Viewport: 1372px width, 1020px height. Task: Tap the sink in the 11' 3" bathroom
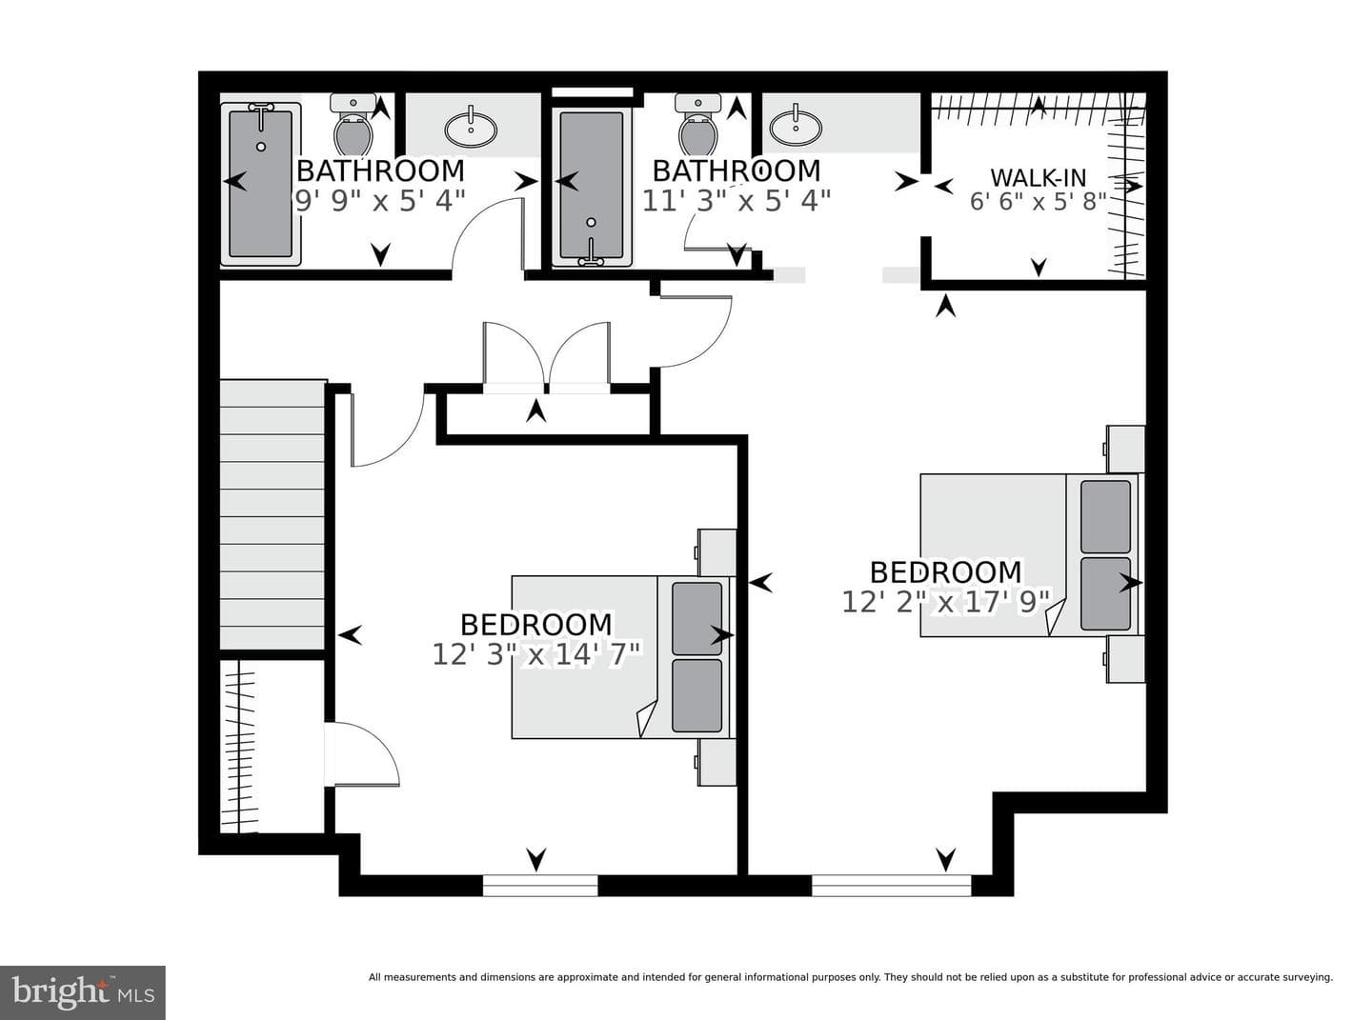coord(796,128)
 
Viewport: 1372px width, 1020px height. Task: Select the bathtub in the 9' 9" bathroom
coord(260,184)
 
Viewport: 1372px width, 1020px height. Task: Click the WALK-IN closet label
coord(1038,178)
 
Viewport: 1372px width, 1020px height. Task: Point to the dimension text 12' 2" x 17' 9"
coord(946,601)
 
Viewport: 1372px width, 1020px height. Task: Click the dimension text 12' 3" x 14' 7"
coord(536,654)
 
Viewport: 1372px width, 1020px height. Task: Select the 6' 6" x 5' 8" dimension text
coord(1038,202)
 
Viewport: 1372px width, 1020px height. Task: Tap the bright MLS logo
coord(83,992)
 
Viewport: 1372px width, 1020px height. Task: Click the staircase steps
coord(272,514)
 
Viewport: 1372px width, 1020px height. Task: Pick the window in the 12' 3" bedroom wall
coord(540,885)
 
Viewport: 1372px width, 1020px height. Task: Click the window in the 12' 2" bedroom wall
coord(892,885)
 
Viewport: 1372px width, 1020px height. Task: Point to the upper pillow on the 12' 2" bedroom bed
coord(1105,516)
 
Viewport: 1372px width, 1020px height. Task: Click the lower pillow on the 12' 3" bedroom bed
coord(697,696)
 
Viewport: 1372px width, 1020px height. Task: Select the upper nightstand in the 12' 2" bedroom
coord(1124,450)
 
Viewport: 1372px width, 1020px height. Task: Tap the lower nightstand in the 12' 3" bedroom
coord(716,763)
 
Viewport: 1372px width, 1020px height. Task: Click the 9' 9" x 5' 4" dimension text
coord(378,201)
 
